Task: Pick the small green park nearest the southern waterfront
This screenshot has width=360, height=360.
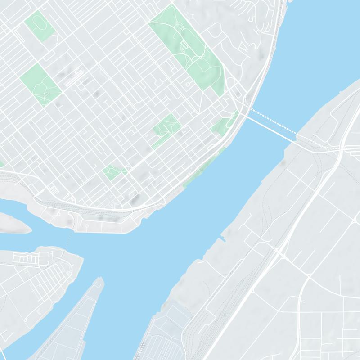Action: coord(113,171)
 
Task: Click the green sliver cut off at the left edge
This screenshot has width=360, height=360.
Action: coord(1,164)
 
